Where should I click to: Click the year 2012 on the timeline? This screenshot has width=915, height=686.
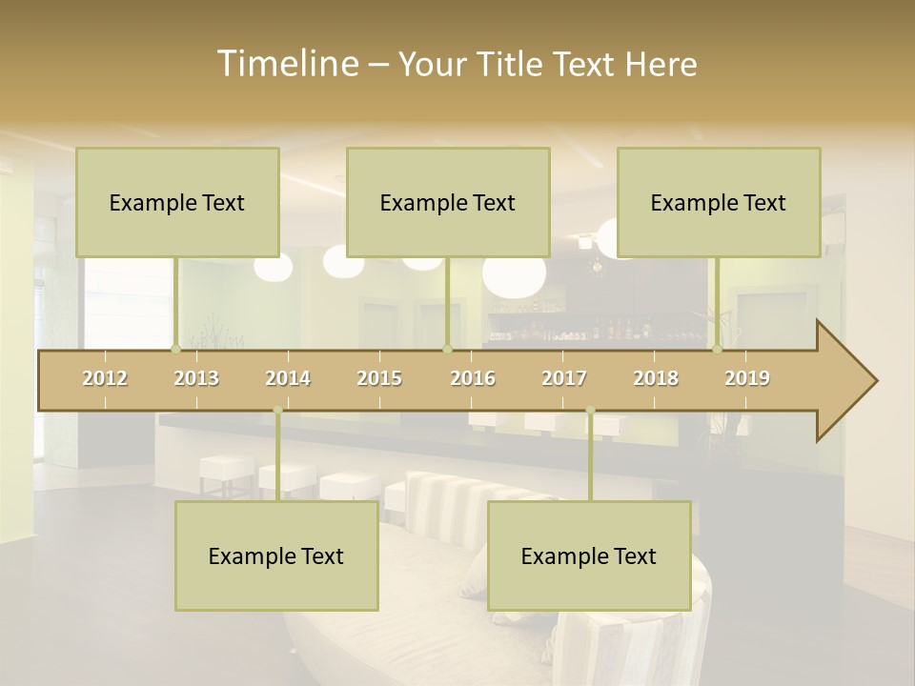(105, 378)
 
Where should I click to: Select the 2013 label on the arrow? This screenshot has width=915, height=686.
(196, 378)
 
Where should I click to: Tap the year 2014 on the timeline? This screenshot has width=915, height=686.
(288, 378)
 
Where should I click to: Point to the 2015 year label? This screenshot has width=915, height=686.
(379, 378)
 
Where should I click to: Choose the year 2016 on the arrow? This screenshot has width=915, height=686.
(473, 378)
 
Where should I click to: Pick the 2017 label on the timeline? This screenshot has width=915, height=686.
(564, 378)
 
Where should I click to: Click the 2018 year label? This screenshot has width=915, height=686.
(656, 378)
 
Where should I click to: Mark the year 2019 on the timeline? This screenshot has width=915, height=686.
(747, 378)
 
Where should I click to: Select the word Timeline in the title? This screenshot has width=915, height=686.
(286, 64)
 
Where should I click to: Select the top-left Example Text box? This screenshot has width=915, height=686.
(177, 202)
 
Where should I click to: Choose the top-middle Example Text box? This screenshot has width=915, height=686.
(448, 202)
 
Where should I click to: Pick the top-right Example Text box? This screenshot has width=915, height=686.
(719, 202)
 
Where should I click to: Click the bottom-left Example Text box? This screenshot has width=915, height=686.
(276, 555)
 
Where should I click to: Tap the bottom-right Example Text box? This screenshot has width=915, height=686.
(589, 555)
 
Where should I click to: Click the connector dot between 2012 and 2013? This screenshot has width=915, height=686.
(175, 349)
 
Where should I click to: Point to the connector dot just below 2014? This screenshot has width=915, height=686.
(277, 411)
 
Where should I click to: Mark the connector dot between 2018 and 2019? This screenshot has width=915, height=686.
(717, 349)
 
